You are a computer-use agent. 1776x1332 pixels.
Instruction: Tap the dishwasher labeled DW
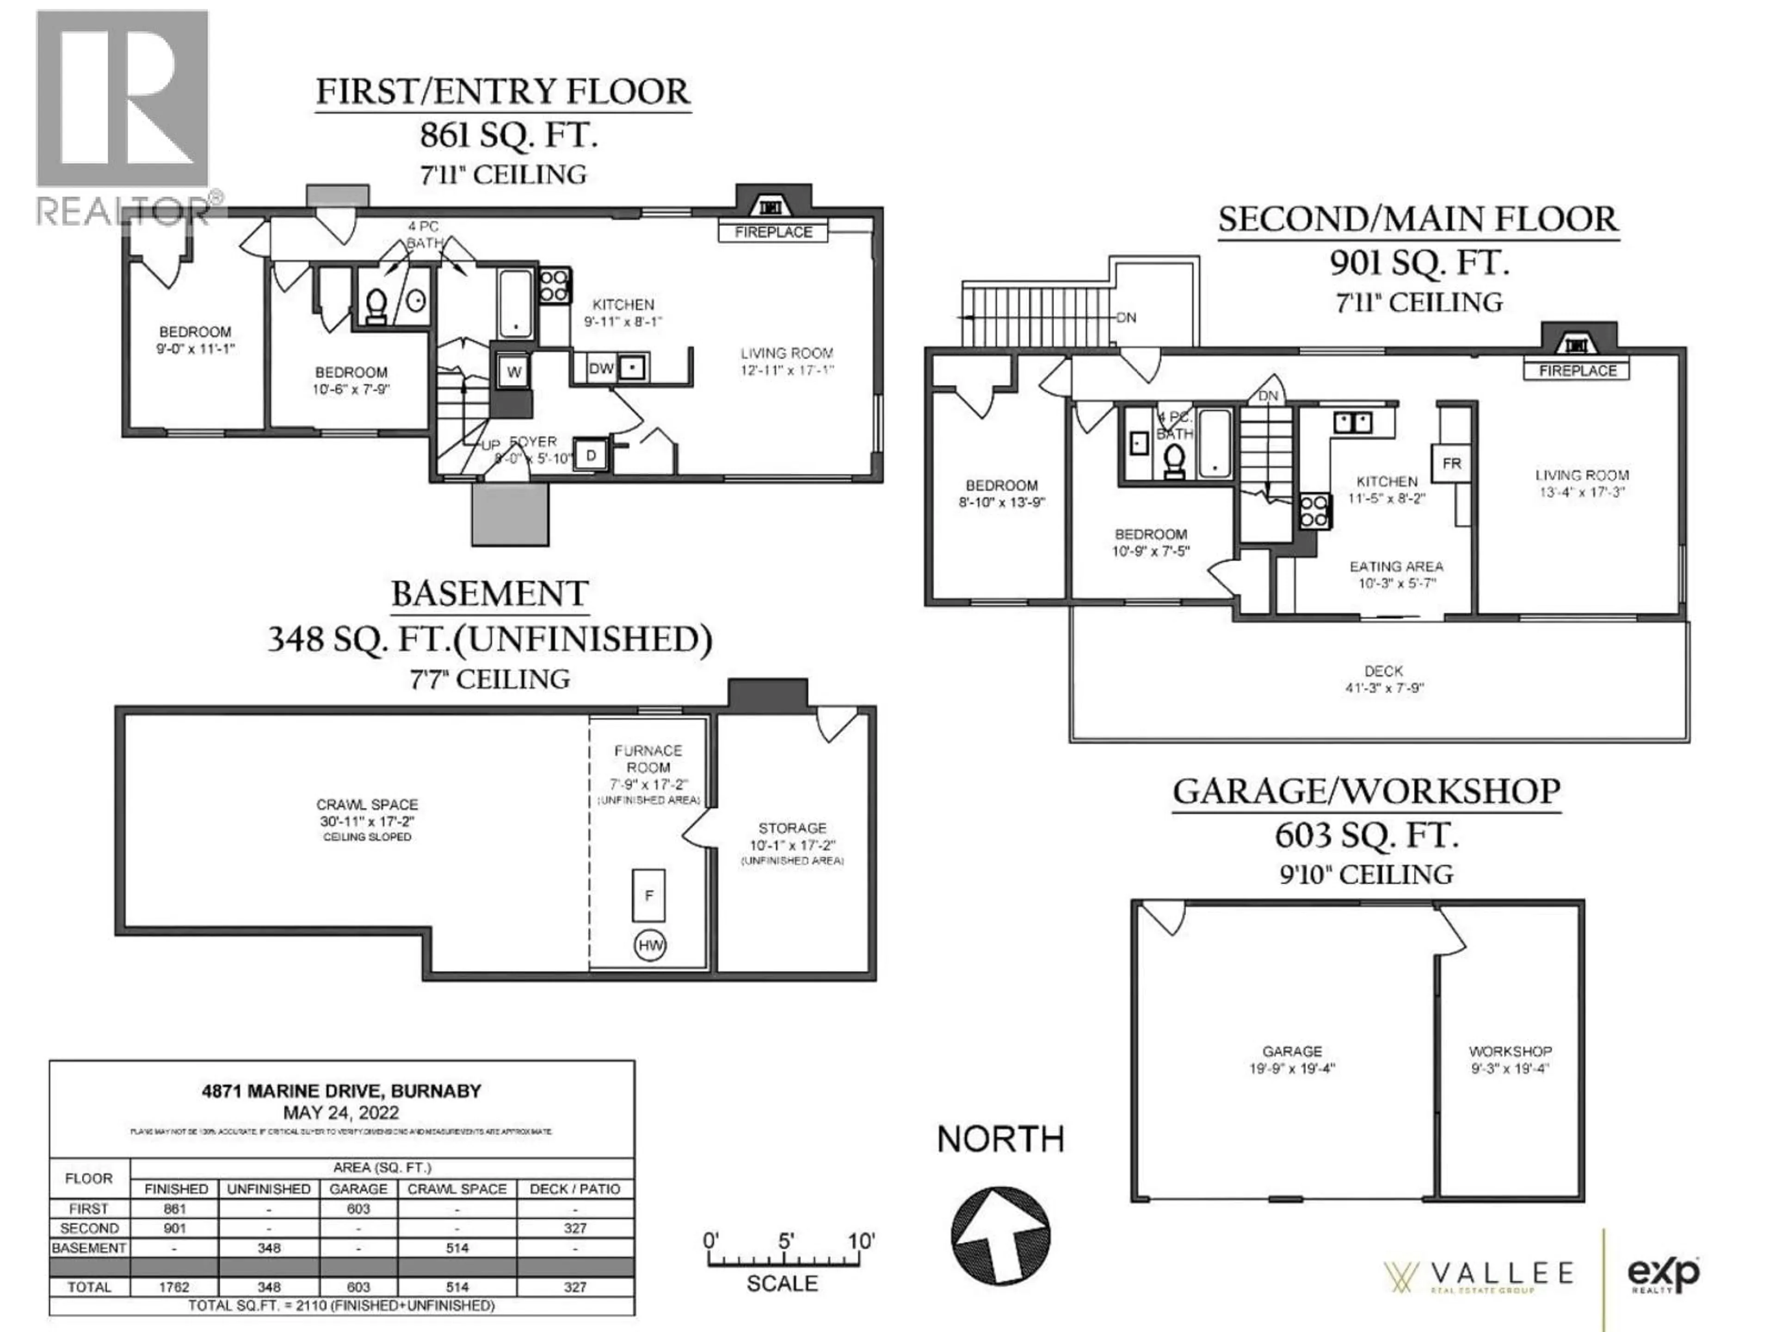click(601, 369)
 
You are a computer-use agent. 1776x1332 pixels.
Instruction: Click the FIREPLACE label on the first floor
click(773, 232)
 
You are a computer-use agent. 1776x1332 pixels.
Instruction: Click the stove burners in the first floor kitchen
click(554, 285)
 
